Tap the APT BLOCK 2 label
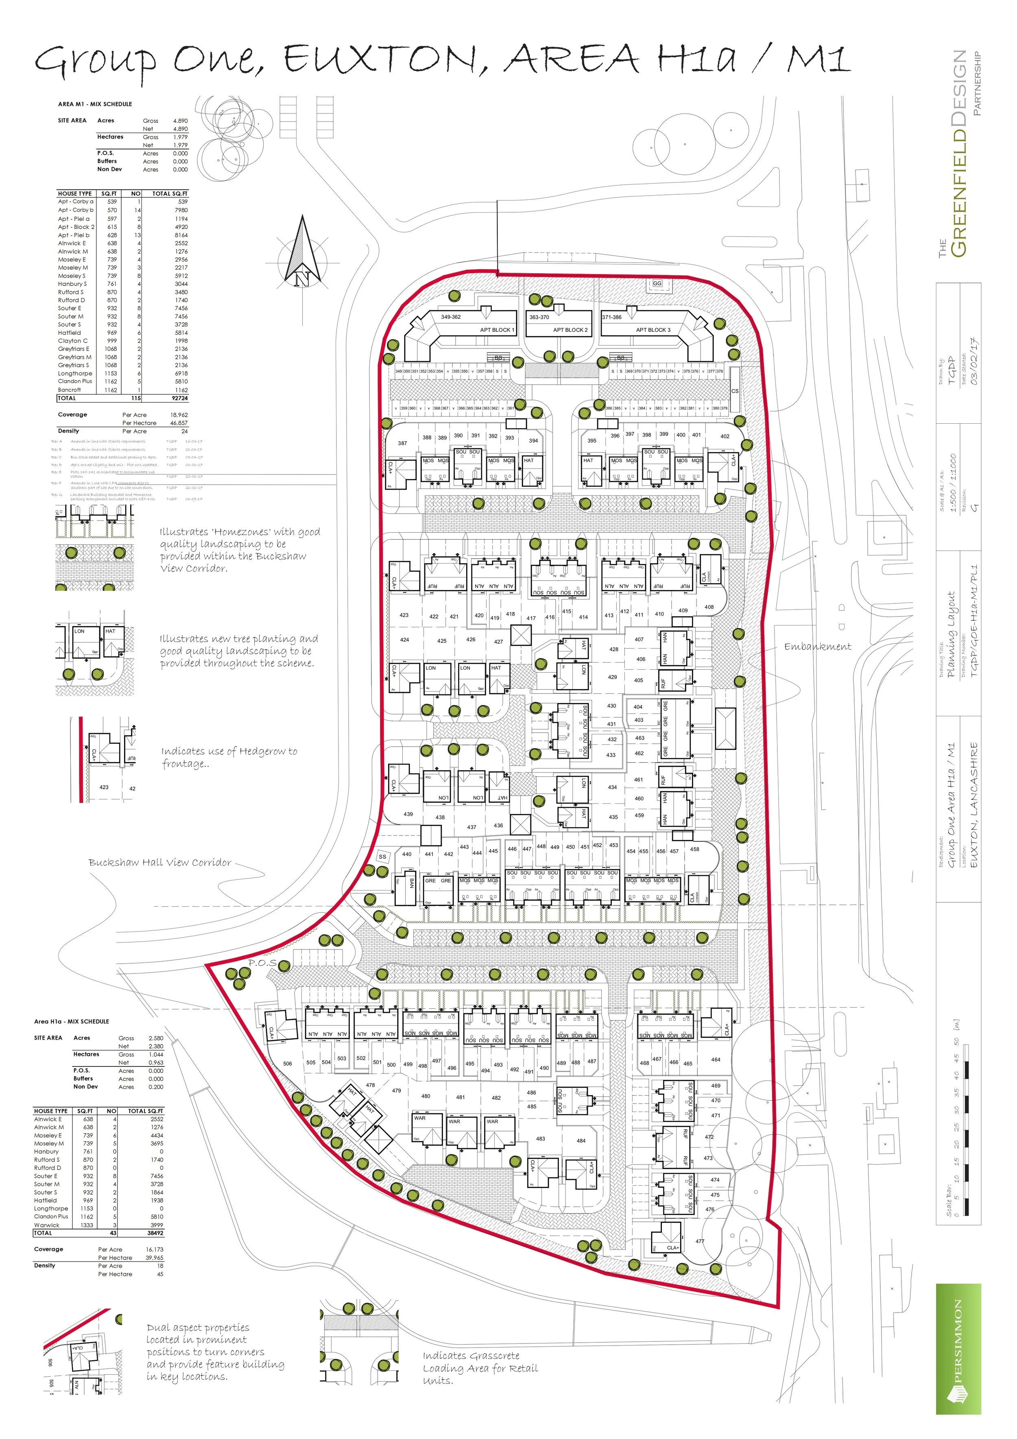click(570, 330)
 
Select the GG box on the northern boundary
click(657, 283)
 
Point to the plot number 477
click(700, 1241)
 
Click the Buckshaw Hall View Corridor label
click(160, 862)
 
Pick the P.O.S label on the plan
click(262, 963)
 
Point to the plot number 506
click(287, 1064)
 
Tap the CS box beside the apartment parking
click(735, 390)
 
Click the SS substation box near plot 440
click(382, 856)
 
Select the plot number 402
click(725, 436)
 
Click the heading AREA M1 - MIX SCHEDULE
click(95, 104)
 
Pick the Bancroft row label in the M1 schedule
click(70, 390)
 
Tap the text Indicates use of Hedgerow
click(229, 751)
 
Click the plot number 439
click(408, 814)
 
